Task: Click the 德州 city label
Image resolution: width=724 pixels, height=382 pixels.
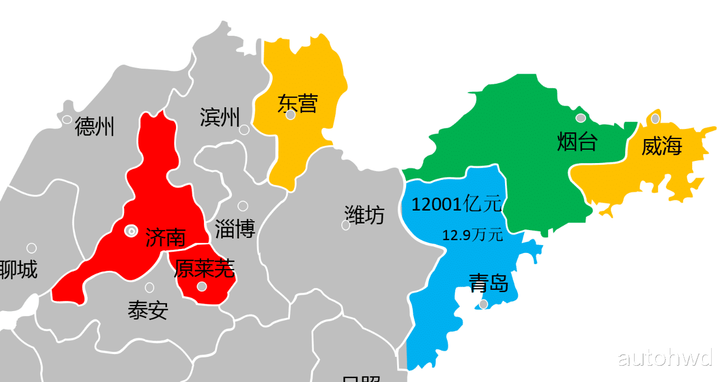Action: pyautogui.click(x=94, y=127)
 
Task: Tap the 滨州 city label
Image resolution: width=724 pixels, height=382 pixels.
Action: pyautogui.click(x=220, y=117)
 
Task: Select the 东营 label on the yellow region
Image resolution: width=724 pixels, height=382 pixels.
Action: pyautogui.click(x=298, y=104)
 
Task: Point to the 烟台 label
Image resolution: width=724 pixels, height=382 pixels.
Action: pyautogui.click(x=577, y=142)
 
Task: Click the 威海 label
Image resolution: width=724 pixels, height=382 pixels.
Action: pyautogui.click(x=661, y=146)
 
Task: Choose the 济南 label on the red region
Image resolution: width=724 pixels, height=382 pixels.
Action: pyautogui.click(x=165, y=237)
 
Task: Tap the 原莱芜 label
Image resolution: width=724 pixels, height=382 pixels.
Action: pyautogui.click(x=204, y=269)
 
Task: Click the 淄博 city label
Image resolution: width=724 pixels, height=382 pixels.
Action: pyautogui.click(x=235, y=229)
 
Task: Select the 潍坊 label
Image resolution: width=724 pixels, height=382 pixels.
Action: pyautogui.click(x=364, y=215)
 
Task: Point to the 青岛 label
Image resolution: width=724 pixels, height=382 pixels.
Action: pyautogui.click(x=488, y=283)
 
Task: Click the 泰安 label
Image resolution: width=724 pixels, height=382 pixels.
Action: pyautogui.click(x=147, y=310)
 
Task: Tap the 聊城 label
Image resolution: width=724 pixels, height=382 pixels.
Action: pyautogui.click(x=18, y=270)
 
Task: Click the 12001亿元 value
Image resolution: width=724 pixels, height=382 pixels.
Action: pyautogui.click(x=456, y=204)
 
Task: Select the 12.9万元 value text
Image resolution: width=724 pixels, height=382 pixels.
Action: pyautogui.click(x=472, y=235)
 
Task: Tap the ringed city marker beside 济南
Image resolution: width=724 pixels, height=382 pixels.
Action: pyautogui.click(x=131, y=230)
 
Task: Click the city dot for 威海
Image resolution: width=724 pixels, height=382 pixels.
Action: pyautogui.click(x=655, y=119)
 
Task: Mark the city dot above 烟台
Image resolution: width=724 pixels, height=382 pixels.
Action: pyautogui.click(x=580, y=118)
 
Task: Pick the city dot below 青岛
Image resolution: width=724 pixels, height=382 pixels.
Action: pyautogui.click(x=483, y=304)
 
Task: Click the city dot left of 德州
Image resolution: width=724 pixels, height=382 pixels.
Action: pyautogui.click(x=67, y=120)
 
